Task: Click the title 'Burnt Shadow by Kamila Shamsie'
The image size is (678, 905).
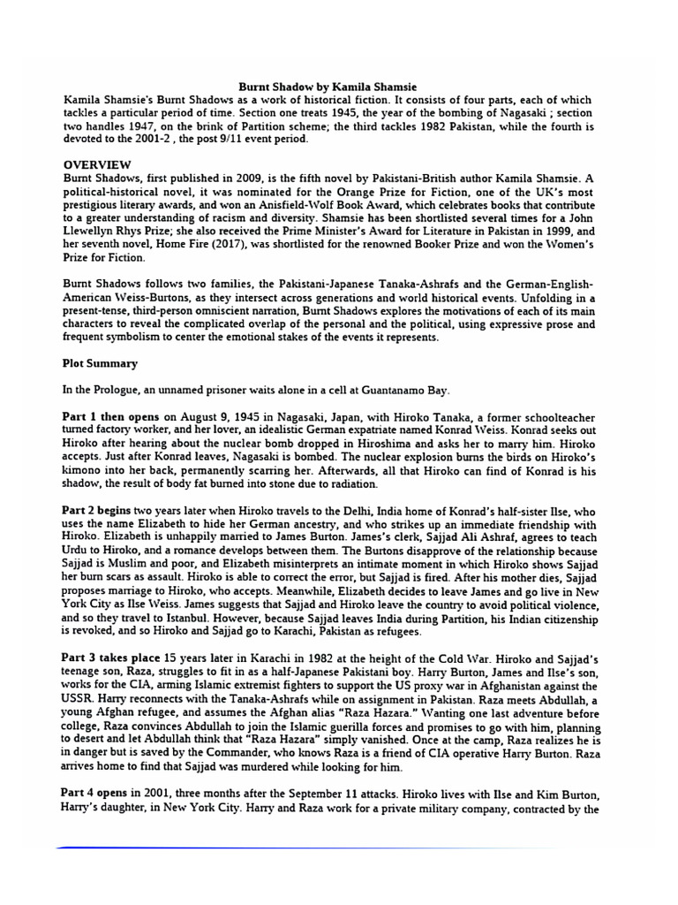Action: tap(340, 87)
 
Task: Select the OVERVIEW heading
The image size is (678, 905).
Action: tap(97, 164)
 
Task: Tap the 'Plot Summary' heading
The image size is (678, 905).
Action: tap(101, 362)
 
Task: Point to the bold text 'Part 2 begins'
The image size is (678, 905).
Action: tap(100, 510)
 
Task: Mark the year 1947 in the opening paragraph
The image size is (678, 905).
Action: tap(111, 126)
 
